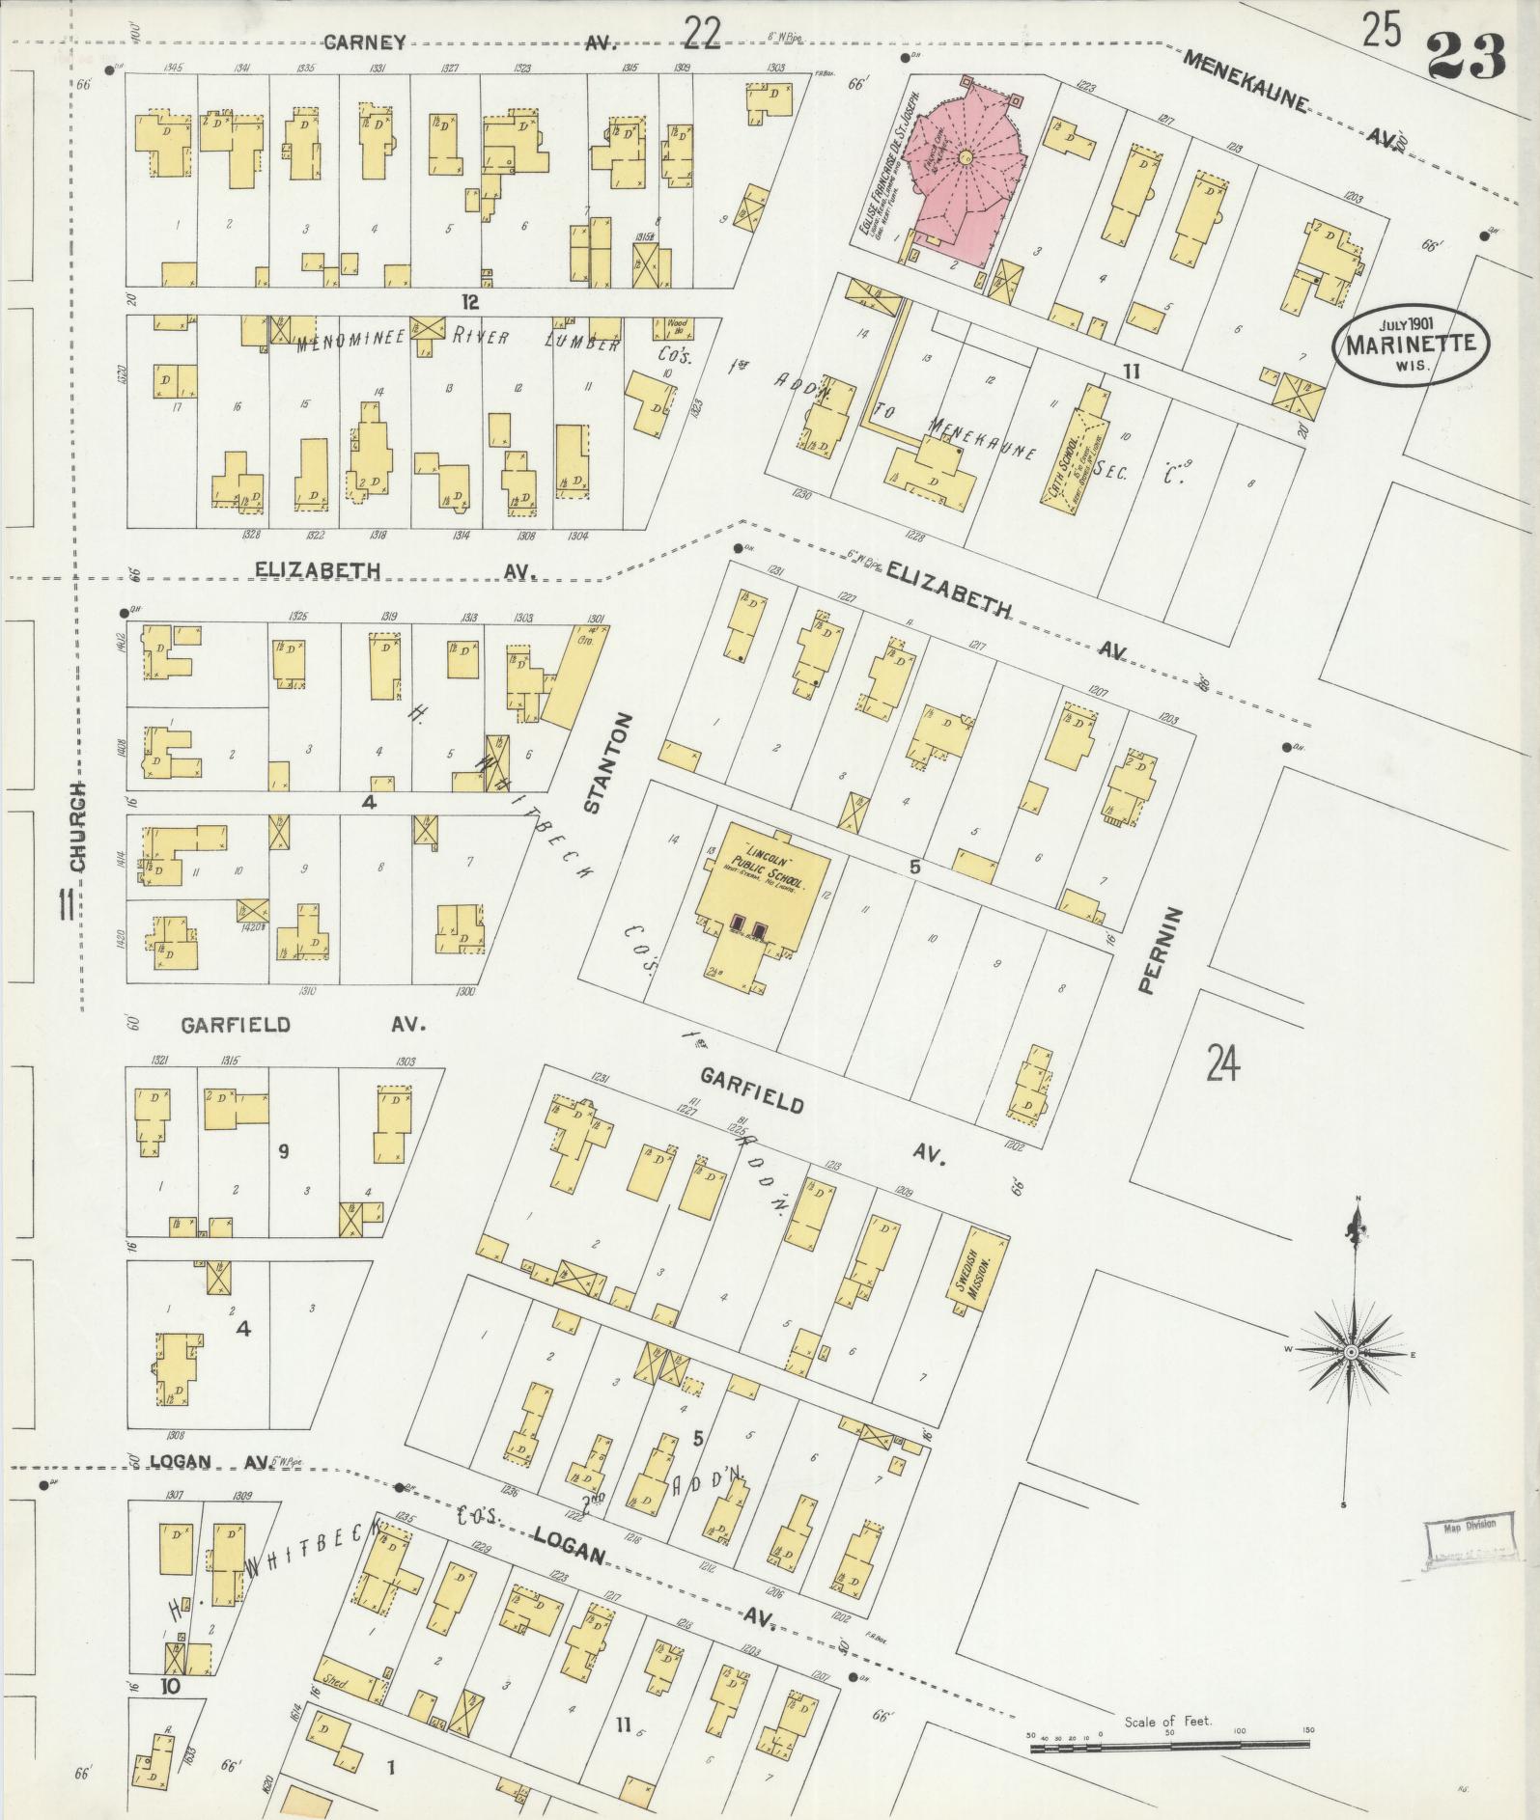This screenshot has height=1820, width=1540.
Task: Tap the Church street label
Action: tap(78, 827)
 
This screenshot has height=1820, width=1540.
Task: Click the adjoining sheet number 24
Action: tap(1221, 1066)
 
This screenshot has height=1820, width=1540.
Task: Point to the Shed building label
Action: tap(337, 1679)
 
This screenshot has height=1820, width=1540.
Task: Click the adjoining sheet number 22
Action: tap(702, 34)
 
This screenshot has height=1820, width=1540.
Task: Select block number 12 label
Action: tap(469, 301)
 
